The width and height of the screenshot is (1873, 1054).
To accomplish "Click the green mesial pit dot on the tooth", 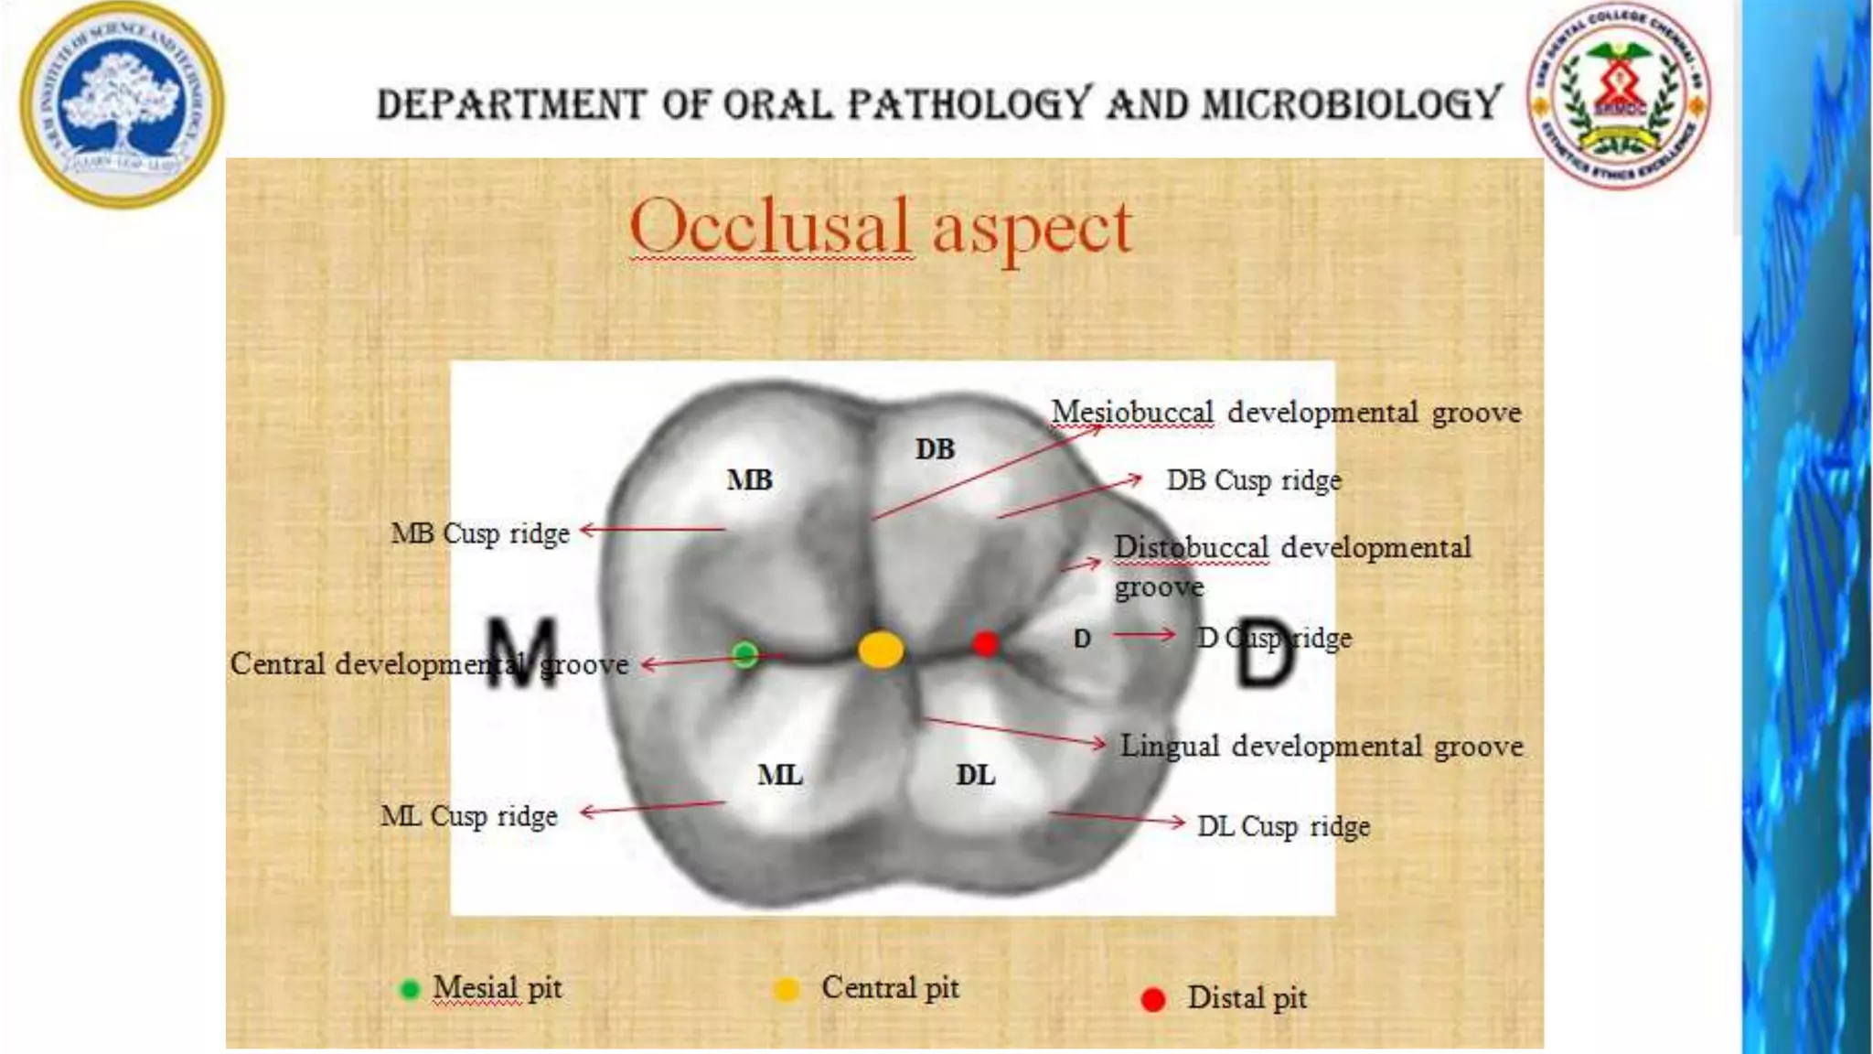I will pyautogui.click(x=745, y=654).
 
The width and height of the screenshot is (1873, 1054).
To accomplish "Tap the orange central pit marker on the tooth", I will pyautogui.click(x=881, y=650).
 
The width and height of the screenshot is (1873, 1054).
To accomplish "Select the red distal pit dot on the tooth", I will pyautogui.click(x=985, y=644).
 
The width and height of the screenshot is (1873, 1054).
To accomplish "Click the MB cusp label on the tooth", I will pyautogui.click(x=749, y=480).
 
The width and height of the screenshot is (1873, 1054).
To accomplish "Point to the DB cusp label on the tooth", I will pyautogui.click(x=935, y=449).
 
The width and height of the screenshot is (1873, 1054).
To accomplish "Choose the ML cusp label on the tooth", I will pyautogui.click(x=779, y=776).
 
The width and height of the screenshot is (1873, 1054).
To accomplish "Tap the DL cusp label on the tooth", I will pyautogui.click(x=975, y=776).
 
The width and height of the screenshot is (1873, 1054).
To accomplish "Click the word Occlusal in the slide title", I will pyautogui.click(x=770, y=226).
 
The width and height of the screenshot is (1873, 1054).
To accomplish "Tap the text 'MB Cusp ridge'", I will pyautogui.click(x=480, y=532).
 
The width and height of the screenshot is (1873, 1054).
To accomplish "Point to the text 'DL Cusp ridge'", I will pyautogui.click(x=1283, y=826).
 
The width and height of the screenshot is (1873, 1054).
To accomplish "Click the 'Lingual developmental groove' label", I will pyautogui.click(x=1322, y=747).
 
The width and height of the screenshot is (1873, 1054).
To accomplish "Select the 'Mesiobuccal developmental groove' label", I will pyautogui.click(x=1286, y=413).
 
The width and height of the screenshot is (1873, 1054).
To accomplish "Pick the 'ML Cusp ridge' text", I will pyautogui.click(x=469, y=815).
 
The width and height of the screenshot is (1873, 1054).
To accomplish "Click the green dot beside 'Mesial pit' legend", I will pyautogui.click(x=410, y=989).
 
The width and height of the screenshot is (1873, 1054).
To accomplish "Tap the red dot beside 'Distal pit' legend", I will pyautogui.click(x=1153, y=999).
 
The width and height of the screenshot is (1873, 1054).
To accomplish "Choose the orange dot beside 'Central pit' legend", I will pyautogui.click(x=787, y=989).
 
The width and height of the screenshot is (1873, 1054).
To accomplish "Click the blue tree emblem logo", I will pyautogui.click(x=122, y=104).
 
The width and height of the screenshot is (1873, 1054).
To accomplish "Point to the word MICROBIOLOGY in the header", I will pyautogui.click(x=1352, y=104).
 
